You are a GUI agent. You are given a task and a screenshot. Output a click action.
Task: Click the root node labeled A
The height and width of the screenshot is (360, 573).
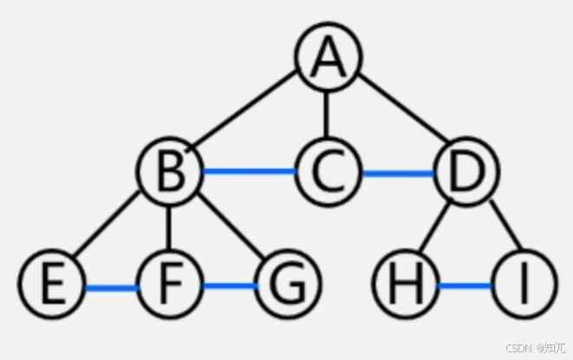pyautogui.click(x=327, y=58)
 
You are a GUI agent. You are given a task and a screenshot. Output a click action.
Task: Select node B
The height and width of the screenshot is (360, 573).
pyautogui.click(x=169, y=173)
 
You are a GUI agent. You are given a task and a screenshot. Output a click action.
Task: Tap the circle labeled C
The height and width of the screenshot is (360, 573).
pyautogui.click(x=327, y=173)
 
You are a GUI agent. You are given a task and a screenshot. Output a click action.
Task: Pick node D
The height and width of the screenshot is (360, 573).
pyautogui.click(x=465, y=173)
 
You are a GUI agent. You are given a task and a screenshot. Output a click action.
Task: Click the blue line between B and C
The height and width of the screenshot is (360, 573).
pyautogui.click(x=248, y=173)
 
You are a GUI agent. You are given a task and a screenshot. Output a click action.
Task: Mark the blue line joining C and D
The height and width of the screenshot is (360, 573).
pyautogui.click(x=396, y=173)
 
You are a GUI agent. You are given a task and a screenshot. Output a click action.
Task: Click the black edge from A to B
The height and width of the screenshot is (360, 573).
pyautogui.click(x=246, y=117)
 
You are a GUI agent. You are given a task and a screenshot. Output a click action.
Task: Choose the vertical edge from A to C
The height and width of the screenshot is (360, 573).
pyautogui.click(x=327, y=115)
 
